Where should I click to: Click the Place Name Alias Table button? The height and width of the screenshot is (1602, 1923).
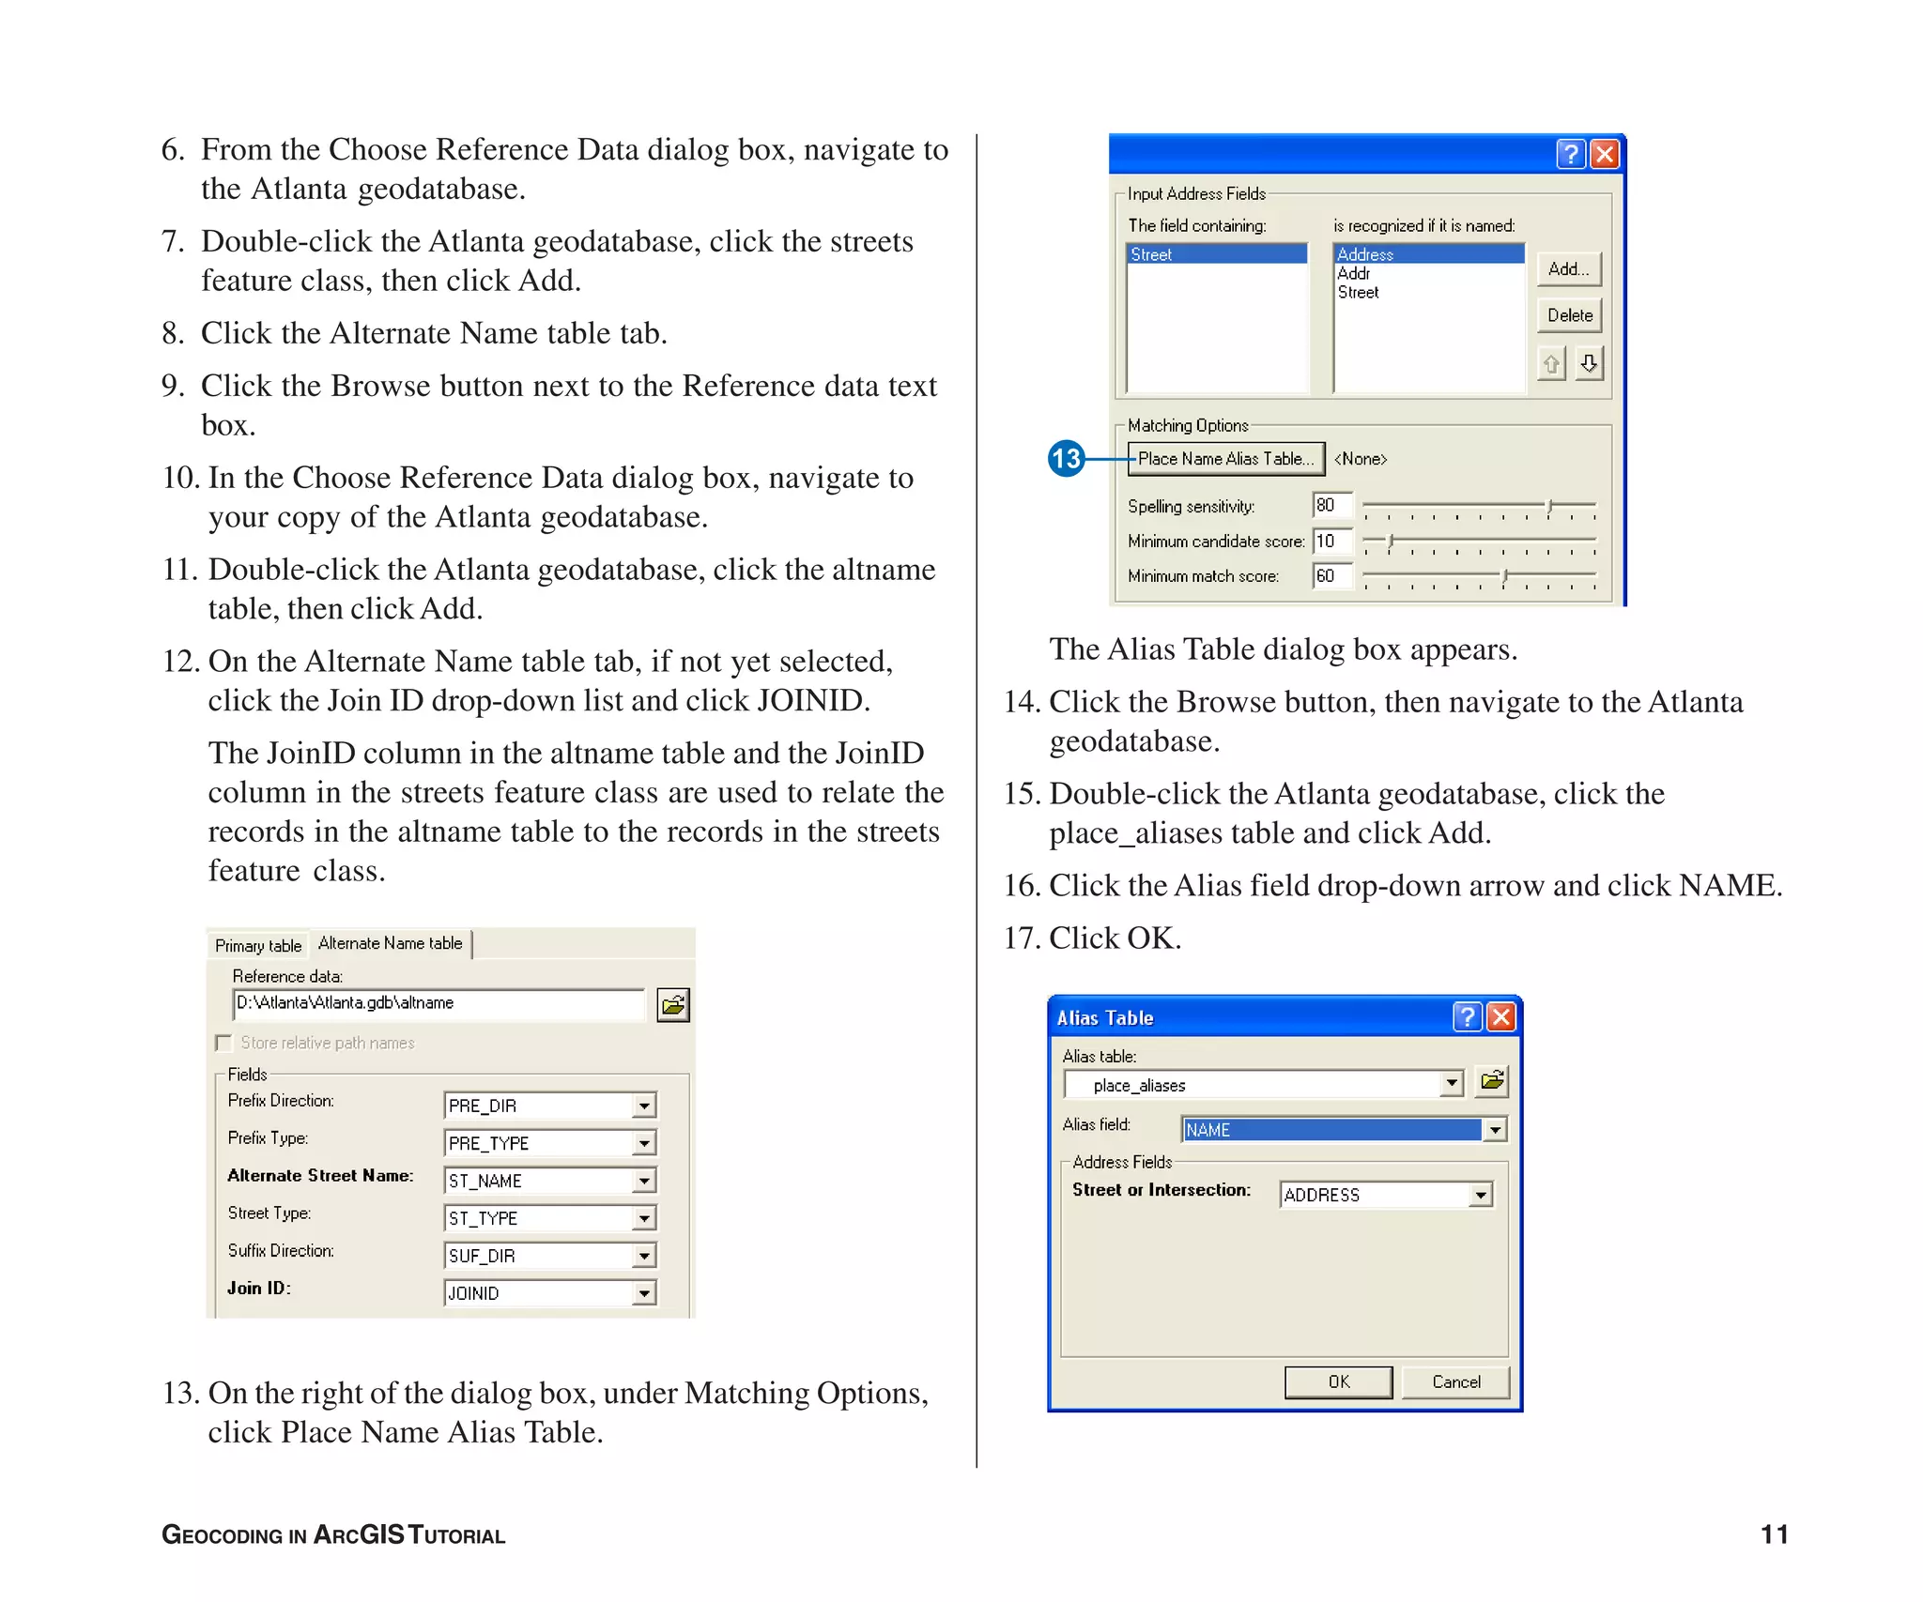(x=1225, y=459)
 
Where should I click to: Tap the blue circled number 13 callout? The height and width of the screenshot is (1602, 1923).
(x=1066, y=459)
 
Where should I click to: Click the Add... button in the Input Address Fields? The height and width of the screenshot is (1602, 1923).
(x=1568, y=269)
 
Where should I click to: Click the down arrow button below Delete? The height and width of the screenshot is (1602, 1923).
(x=1589, y=363)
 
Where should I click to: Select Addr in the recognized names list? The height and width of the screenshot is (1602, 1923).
(x=1353, y=273)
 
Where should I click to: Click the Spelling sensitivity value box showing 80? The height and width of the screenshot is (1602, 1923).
(x=1331, y=505)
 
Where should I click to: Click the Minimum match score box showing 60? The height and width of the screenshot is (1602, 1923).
(x=1331, y=575)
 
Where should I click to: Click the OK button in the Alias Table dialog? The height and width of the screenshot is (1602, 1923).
(x=1338, y=1381)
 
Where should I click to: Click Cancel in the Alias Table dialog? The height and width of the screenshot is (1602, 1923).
(x=1455, y=1381)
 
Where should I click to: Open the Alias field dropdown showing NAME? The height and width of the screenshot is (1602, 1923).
(x=1495, y=1130)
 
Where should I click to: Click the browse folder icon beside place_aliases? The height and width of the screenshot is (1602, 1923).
(x=1492, y=1081)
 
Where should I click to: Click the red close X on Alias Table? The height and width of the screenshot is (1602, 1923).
(x=1501, y=1017)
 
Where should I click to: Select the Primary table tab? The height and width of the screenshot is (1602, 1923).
(x=258, y=945)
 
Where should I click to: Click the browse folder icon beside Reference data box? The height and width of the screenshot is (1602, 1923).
(x=673, y=1005)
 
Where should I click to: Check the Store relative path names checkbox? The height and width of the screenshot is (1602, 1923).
(x=223, y=1043)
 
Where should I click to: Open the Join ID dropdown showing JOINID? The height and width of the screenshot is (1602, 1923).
(x=644, y=1293)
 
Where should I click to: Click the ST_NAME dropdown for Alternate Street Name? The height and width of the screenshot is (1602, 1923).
(x=644, y=1181)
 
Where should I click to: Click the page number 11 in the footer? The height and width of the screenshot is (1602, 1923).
(x=1774, y=1534)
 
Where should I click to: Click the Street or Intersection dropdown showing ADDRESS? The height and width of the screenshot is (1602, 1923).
(x=1481, y=1195)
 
